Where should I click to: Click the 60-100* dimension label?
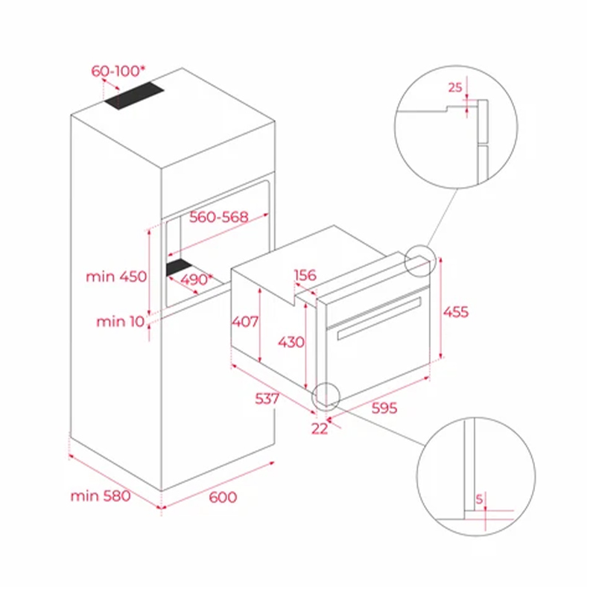[x=118, y=71]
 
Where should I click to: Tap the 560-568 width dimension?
[x=219, y=217]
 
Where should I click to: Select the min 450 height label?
[x=116, y=276]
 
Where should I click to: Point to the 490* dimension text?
[x=196, y=280]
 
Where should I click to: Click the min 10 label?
[x=121, y=322]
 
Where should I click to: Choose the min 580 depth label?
[x=101, y=496]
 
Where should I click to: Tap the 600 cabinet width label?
[x=223, y=497]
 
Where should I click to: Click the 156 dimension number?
[x=305, y=275]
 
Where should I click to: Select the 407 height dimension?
[x=245, y=322]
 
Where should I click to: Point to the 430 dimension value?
[x=291, y=342]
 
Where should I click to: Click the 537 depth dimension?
[x=267, y=399]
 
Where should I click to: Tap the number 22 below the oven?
[x=320, y=429]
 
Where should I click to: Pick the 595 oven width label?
[x=384, y=408]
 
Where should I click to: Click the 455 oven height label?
[x=456, y=312]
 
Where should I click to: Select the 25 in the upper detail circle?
[x=455, y=88]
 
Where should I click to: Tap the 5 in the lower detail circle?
[x=479, y=498]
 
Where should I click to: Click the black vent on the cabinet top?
[x=134, y=95]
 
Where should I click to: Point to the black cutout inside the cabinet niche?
[x=179, y=267]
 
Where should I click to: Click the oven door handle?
[x=379, y=318]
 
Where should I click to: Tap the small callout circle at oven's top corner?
[x=419, y=261]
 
